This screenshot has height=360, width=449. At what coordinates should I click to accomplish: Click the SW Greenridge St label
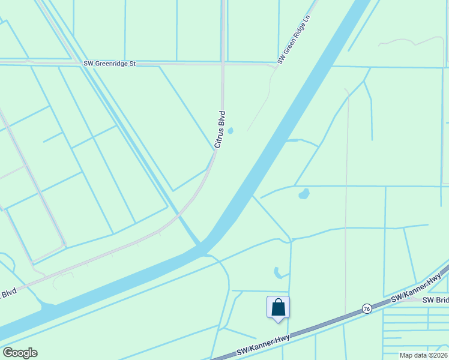(110, 63)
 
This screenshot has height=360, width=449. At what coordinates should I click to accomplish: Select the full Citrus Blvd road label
(220, 128)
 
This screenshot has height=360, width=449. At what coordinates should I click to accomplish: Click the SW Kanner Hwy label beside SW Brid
(416, 289)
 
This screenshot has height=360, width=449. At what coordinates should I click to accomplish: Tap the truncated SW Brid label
(436, 300)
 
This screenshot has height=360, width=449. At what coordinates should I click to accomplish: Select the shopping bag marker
(278, 308)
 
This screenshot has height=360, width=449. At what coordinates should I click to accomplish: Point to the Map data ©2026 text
(423, 355)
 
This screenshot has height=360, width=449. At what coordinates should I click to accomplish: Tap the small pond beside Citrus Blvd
(231, 130)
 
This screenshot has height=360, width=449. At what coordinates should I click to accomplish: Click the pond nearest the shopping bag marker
(277, 272)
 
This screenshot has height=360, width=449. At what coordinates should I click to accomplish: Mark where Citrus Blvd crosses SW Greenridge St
(223, 63)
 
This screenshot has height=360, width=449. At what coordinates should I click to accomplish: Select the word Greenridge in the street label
(116, 63)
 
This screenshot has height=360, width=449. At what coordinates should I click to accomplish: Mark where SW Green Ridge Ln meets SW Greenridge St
(276, 65)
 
